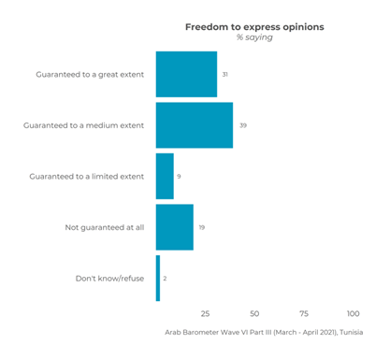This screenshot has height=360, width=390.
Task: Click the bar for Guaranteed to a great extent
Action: click(186, 75)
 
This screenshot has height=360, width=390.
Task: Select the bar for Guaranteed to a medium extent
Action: click(194, 125)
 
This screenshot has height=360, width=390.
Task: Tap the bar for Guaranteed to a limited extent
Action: click(165, 176)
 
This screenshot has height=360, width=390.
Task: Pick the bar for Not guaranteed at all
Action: click(174, 227)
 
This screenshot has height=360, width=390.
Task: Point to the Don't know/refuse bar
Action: click(158, 278)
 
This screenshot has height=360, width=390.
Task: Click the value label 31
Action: click(225, 75)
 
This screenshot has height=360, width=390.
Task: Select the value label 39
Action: click(241, 125)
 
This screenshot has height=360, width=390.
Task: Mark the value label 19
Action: click(202, 227)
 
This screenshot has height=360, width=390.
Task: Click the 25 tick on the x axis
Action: click(205, 313)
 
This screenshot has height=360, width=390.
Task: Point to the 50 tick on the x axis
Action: click(254, 313)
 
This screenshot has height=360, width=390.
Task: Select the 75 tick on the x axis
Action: click(304, 313)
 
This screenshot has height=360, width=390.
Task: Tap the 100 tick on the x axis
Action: click(354, 313)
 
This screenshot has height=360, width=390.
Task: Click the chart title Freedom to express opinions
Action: click(254, 27)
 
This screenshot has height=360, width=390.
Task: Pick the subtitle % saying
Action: click(254, 38)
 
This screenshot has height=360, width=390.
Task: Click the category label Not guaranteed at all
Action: click(104, 227)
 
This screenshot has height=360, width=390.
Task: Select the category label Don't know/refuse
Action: click(108, 278)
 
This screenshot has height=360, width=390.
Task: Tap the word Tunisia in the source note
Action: click(351, 332)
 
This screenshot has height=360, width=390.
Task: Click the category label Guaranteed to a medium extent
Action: click(83, 125)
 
